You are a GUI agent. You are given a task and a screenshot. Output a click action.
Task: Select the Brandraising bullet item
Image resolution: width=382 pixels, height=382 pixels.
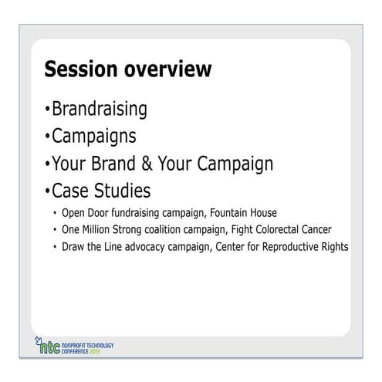pyautogui.click(x=99, y=109)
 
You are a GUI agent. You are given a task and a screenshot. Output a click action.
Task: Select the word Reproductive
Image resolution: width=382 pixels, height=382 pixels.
pyautogui.click(x=287, y=247)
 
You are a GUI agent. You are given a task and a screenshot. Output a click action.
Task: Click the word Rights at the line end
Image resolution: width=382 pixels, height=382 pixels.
pyautogui.click(x=334, y=247)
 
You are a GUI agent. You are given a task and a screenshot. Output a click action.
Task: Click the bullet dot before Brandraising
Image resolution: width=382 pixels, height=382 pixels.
pyautogui.click(x=48, y=110)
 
